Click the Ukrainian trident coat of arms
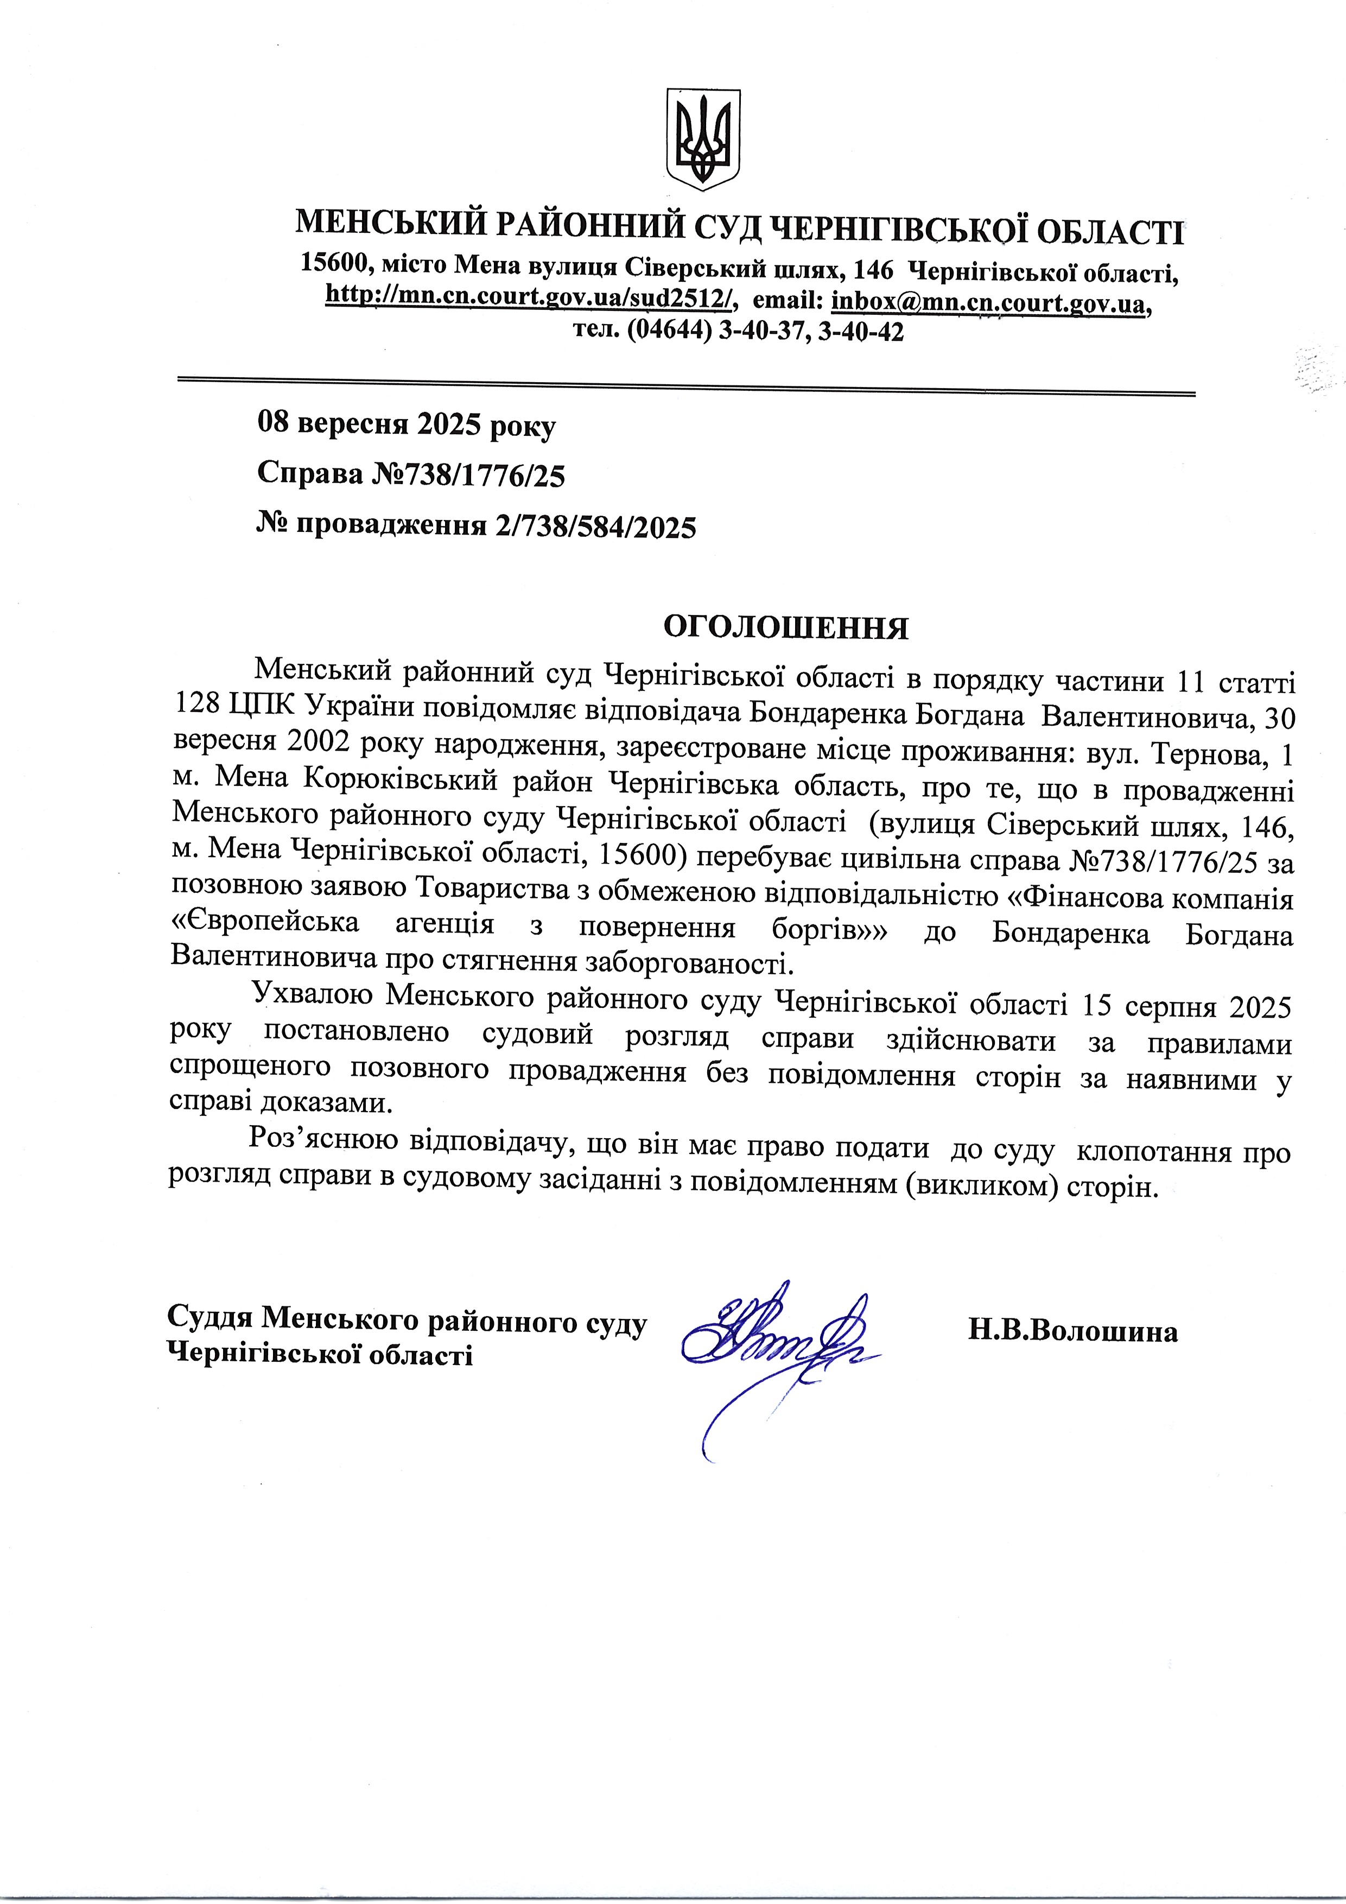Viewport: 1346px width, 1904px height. [x=703, y=141]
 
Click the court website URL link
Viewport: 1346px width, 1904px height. [x=531, y=296]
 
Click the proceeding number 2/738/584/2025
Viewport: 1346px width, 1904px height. [x=595, y=526]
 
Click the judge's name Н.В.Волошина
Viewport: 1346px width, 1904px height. [x=1071, y=1332]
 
